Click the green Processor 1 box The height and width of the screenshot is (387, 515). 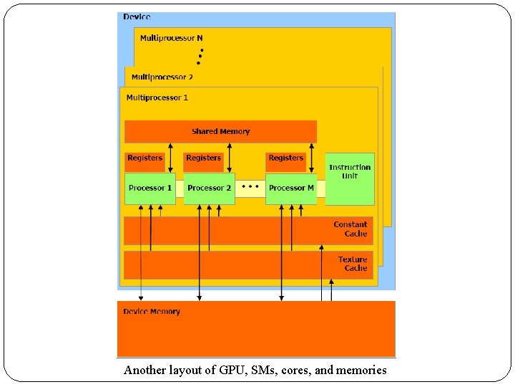(149, 188)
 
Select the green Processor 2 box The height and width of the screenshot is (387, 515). (209, 188)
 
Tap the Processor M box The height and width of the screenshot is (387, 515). (291, 188)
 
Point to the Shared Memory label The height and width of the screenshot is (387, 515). (220, 132)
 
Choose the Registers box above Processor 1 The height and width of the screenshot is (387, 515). (144, 158)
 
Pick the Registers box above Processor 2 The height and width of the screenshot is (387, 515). (203, 158)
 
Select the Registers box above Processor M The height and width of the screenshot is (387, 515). (286, 158)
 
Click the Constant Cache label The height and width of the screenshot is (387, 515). (350, 229)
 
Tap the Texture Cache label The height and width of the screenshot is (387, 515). (353, 264)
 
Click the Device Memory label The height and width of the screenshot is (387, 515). (152, 312)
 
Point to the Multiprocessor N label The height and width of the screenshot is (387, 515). (171, 38)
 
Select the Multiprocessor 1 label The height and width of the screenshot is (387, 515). (157, 97)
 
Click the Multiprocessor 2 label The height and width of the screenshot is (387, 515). (162, 77)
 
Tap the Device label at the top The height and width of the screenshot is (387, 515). (137, 16)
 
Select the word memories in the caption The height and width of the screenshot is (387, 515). (360, 371)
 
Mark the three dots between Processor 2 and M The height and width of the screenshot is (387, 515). (250, 186)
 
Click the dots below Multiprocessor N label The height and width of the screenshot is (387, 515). (200, 56)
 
